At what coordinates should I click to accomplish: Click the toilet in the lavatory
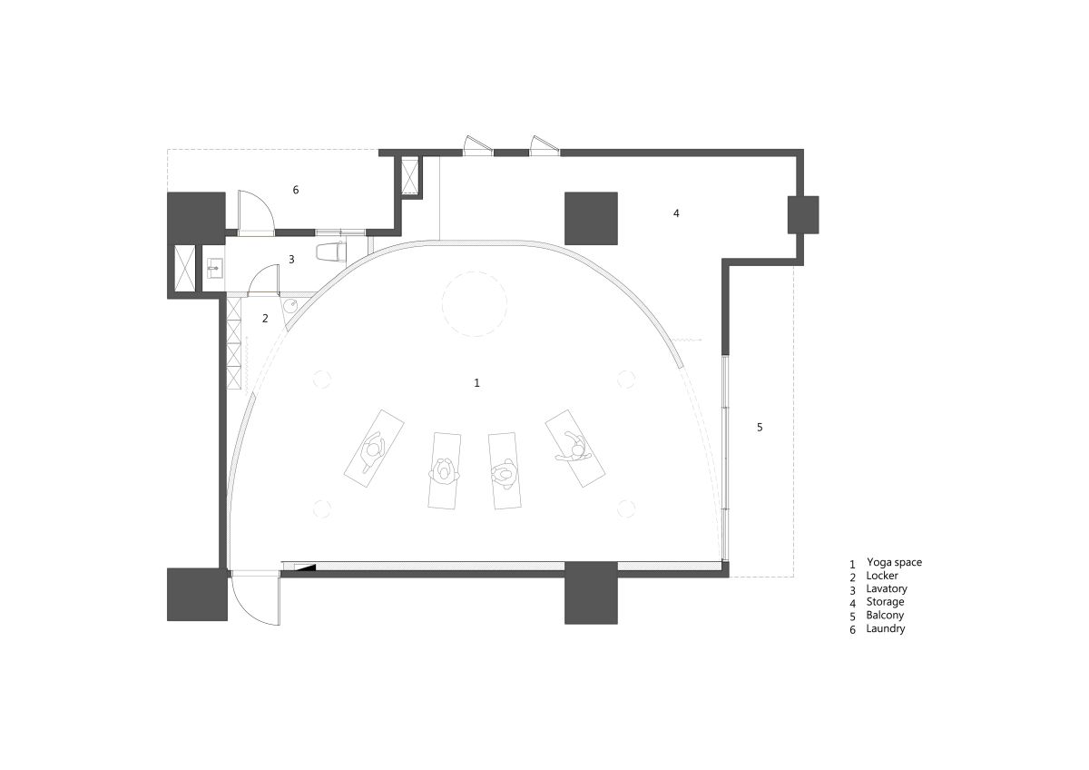pyautogui.click(x=330, y=252)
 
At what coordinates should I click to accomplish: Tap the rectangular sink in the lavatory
pyautogui.click(x=213, y=268)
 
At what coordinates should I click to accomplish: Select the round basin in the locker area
pyautogui.click(x=290, y=306)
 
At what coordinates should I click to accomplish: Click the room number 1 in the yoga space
pyautogui.click(x=477, y=383)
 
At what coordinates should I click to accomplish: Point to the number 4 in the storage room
pyautogui.click(x=676, y=213)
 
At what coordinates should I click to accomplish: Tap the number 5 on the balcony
pyautogui.click(x=760, y=428)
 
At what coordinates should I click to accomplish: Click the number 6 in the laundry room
pyautogui.click(x=296, y=190)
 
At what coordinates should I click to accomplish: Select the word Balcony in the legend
pyautogui.click(x=885, y=615)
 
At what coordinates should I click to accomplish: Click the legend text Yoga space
pyautogui.click(x=894, y=562)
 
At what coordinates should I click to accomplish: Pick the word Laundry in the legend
pyautogui.click(x=886, y=628)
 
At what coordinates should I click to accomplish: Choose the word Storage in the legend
pyautogui.click(x=886, y=602)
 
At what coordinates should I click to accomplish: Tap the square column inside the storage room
pyautogui.click(x=591, y=219)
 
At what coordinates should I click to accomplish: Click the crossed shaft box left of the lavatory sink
pyautogui.click(x=185, y=269)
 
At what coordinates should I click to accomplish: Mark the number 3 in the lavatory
pyautogui.click(x=291, y=260)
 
